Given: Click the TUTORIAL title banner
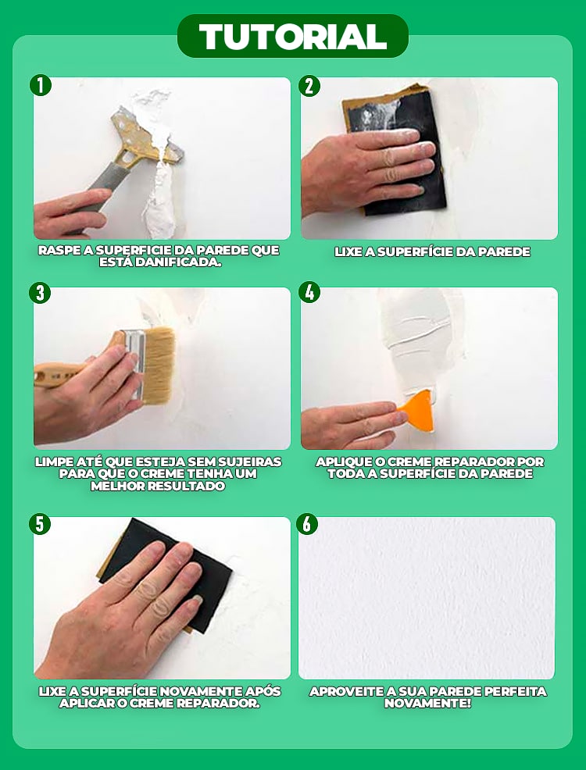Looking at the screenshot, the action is click(293, 36).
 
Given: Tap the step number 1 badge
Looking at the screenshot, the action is click(41, 85).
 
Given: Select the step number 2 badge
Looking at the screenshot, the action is click(309, 86).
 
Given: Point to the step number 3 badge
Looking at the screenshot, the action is click(40, 293).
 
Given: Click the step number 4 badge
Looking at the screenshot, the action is click(309, 292).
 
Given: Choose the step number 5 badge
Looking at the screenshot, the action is click(40, 524).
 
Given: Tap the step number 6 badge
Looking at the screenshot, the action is click(306, 524).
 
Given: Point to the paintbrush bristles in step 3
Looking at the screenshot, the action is click(158, 365).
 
